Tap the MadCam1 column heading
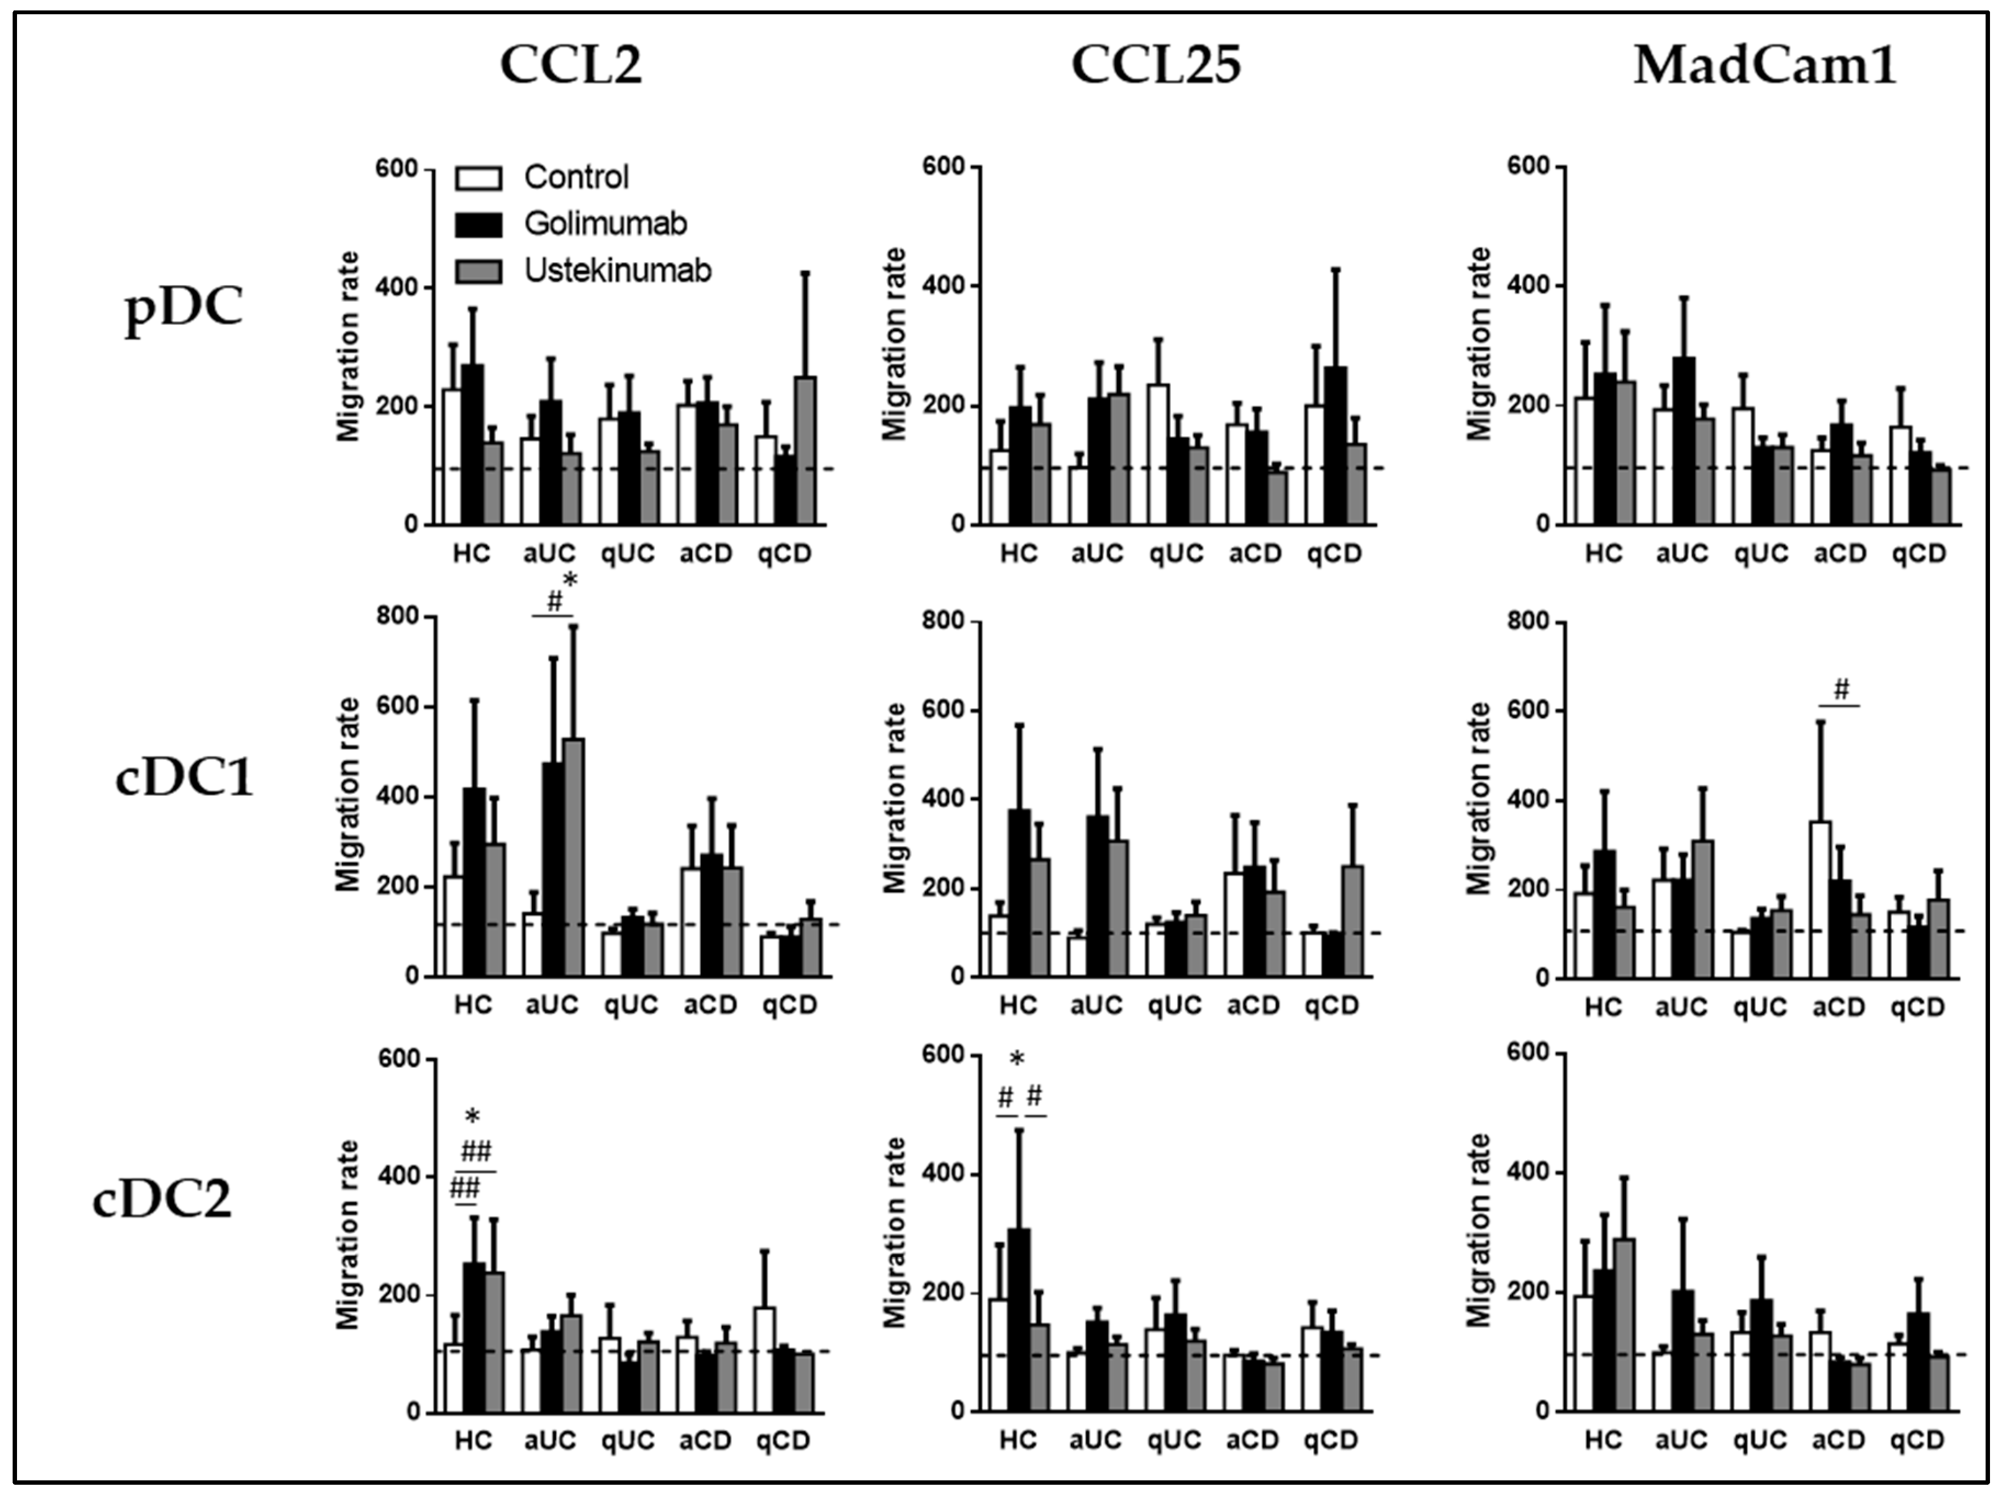(x=1765, y=65)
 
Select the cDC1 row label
(x=184, y=778)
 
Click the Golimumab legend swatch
(x=478, y=224)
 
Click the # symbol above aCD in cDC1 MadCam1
(x=1841, y=690)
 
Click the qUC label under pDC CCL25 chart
(x=1176, y=553)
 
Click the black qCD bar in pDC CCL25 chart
(x=1335, y=445)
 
